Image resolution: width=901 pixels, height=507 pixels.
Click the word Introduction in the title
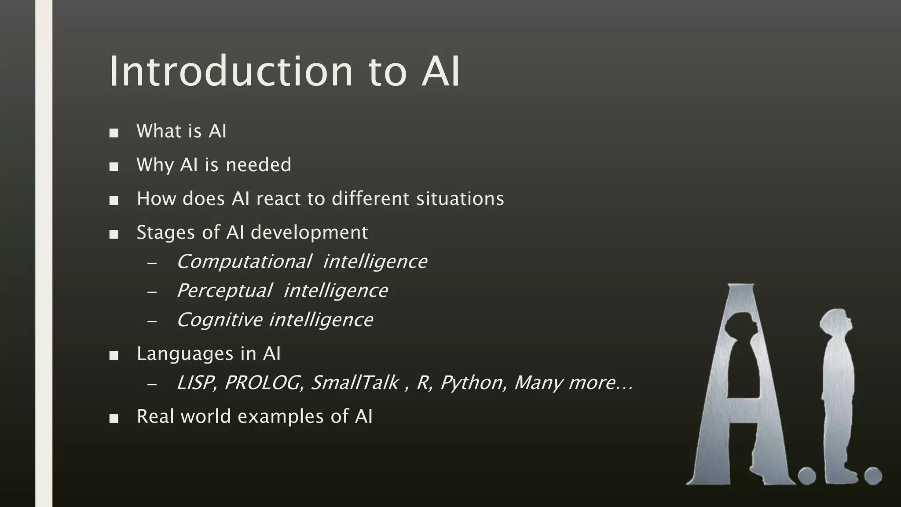[x=231, y=71]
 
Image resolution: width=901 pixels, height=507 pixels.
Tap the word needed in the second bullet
[x=258, y=165]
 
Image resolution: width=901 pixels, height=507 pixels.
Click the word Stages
[x=166, y=233]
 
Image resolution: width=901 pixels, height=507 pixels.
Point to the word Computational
[x=244, y=262]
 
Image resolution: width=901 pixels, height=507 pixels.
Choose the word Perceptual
[x=224, y=291]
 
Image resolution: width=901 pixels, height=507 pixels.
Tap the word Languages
[x=185, y=354]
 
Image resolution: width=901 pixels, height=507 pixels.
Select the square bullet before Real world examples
[x=114, y=418]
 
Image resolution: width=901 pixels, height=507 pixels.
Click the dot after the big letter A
[x=807, y=476]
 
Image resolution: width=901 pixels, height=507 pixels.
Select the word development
[x=309, y=233]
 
